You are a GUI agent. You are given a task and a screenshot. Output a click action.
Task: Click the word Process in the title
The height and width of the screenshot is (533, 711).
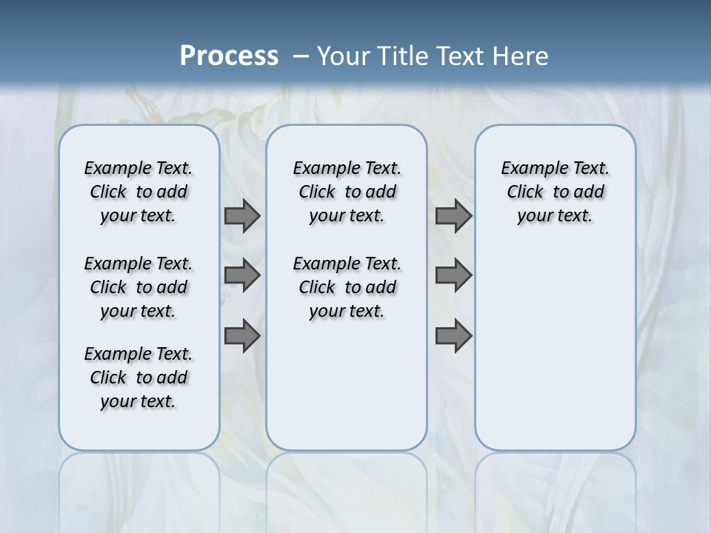(229, 56)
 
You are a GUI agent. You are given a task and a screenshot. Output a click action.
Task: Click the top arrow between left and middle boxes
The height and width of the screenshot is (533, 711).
(242, 216)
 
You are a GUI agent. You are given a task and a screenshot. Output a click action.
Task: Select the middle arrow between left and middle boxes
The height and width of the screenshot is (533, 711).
(242, 275)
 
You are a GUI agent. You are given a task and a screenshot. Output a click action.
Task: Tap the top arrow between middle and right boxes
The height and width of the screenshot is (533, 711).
(453, 216)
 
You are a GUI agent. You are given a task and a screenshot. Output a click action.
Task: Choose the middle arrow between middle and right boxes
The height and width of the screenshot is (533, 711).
(453, 275)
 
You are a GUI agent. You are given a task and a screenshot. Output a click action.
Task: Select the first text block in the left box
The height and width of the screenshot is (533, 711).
(138, 192)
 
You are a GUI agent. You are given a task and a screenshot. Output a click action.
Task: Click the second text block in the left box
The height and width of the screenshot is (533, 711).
(138, 287)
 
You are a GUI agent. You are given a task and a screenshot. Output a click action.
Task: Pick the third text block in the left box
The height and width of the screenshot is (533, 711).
(138, 378)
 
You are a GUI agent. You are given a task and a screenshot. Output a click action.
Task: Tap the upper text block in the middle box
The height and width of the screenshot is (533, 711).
(347, 192)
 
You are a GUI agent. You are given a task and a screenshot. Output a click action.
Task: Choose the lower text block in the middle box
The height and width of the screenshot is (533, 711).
(347, 287)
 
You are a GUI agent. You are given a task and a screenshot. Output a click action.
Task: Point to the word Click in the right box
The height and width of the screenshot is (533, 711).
(525, 192)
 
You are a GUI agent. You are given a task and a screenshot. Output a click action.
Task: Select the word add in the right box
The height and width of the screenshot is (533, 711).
(590, 192)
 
